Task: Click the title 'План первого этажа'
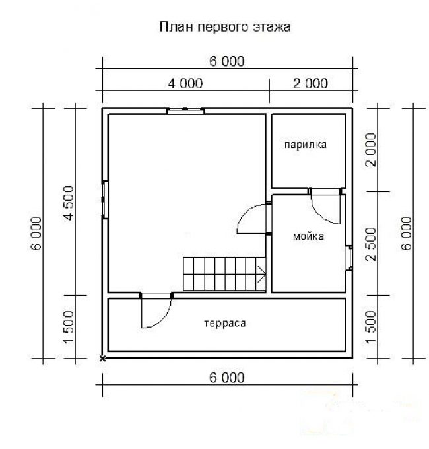click(x=225, y=28)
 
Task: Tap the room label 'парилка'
click(x=306, y=145)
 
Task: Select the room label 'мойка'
click(x=308, y=236)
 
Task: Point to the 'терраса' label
click(x=225, y=324)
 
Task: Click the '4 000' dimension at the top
click(x=185, y=84)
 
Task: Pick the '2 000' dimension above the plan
click(x=310, y=84)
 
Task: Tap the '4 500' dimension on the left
click(x=69, y=203)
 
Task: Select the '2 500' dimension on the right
click(x=372, y=244)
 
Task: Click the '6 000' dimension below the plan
click(x=227, y=378)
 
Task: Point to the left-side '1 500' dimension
click(x=69, y=327)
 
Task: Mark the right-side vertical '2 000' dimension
click(x=372, y=150)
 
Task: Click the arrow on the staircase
click(x=261, y=275)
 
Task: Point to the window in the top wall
click(x=185, y=111)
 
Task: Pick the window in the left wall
click(x=105, y=199)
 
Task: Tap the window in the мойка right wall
click(x=349, y=258)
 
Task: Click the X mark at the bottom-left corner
click(x=102, y=359)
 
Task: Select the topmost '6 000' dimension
click(x=227, y=61)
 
